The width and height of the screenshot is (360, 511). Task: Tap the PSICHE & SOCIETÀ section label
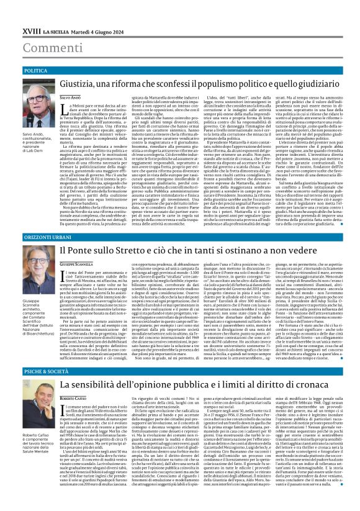30,354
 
